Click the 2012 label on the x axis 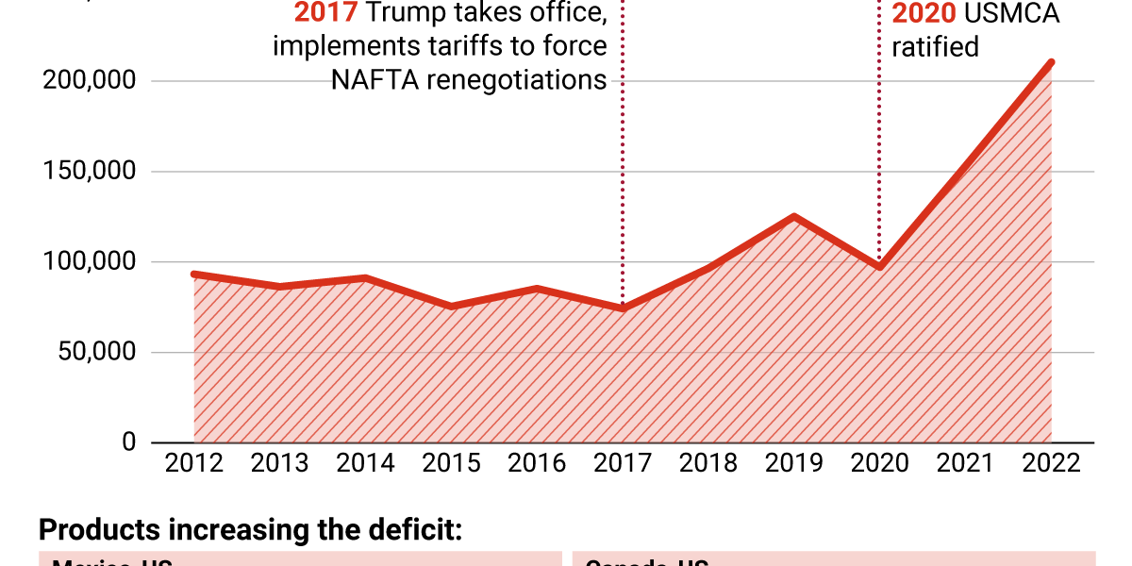click(193, 463)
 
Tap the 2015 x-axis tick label click(451, 463)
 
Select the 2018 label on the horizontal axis click(708, 463)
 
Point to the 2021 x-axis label click(966, 463)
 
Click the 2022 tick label click(1051, 463)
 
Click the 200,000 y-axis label click(90, 81)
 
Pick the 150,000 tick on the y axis click(90, 172)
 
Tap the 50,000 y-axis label click(95, 353)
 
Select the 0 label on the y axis click(128, 442)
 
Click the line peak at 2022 click(1051, 63)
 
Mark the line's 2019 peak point click(794, 217)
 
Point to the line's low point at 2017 click(623, 308)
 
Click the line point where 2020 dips click(879, 267)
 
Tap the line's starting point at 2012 click(194, 275)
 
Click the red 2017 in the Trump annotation click(325, 14)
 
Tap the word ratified click(935, 46)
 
